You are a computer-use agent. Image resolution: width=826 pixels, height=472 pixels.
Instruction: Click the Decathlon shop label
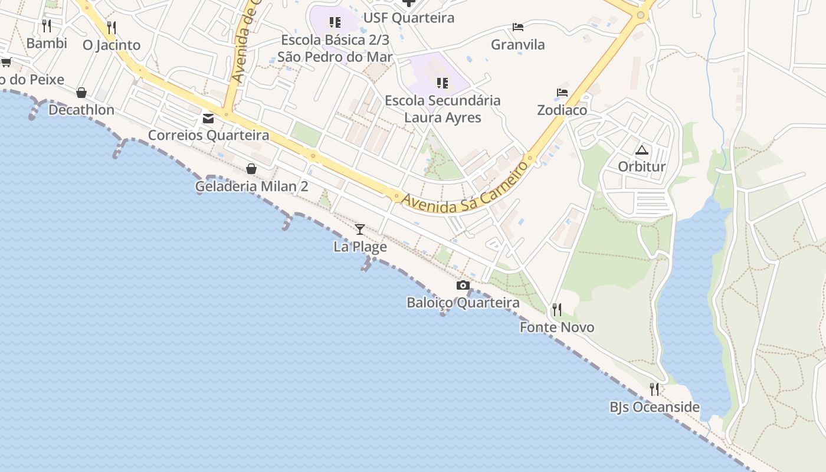click(x=81, y=110)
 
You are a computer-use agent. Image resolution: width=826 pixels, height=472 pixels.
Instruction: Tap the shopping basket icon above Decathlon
click(x=81, y=93)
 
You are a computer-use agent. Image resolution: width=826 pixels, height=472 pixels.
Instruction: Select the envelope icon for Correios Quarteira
click(x=208, y=118)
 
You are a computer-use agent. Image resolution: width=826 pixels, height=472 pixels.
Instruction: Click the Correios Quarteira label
click(x=208, y=135)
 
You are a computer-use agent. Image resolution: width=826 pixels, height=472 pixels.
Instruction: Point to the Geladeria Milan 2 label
click(x=252, y=186)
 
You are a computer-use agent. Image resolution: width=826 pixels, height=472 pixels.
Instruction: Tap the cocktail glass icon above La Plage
click(x=360, y=230)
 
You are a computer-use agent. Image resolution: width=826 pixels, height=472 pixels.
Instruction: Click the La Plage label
click(x=360, y=247)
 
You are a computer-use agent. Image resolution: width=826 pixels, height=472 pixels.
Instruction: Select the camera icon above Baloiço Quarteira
click(x=463, y=286)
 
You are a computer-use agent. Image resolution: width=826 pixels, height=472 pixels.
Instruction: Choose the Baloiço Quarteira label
click(x=463, y=303)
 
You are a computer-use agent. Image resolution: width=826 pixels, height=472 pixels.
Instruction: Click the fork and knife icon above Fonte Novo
click(x=556, y=309)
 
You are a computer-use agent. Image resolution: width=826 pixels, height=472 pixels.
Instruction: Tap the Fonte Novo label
click(x=557, y=327)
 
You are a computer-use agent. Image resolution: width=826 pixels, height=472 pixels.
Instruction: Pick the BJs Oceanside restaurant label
click(x=654, y=407)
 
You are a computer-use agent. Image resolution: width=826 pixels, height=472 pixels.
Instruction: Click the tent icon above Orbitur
click(x=642, y=150)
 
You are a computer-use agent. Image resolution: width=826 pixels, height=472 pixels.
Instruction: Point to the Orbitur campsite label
click(x=642, y=166)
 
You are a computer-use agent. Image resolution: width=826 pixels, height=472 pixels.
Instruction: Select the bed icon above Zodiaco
click(x=562, y=93)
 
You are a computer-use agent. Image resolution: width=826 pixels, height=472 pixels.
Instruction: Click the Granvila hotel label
click(x=518, y=45)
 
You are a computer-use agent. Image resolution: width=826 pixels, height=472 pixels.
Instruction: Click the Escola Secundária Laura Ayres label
click(x=442, y=109)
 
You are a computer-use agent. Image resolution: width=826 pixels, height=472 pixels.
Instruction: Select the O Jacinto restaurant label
click(x=112, y=45)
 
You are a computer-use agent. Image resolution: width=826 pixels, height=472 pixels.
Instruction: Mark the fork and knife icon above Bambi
click(x=47, y=25)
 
